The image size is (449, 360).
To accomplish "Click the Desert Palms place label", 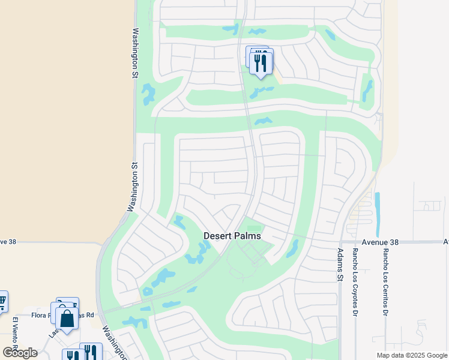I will pos(232,236).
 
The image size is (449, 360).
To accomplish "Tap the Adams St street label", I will pos(340,265).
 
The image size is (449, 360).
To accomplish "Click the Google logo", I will pos(20,353).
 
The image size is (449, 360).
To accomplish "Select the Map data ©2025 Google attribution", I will pos(411,355).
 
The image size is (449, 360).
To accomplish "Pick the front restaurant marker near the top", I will pos(261,63).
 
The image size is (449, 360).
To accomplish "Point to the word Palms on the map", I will pos(247,236).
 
